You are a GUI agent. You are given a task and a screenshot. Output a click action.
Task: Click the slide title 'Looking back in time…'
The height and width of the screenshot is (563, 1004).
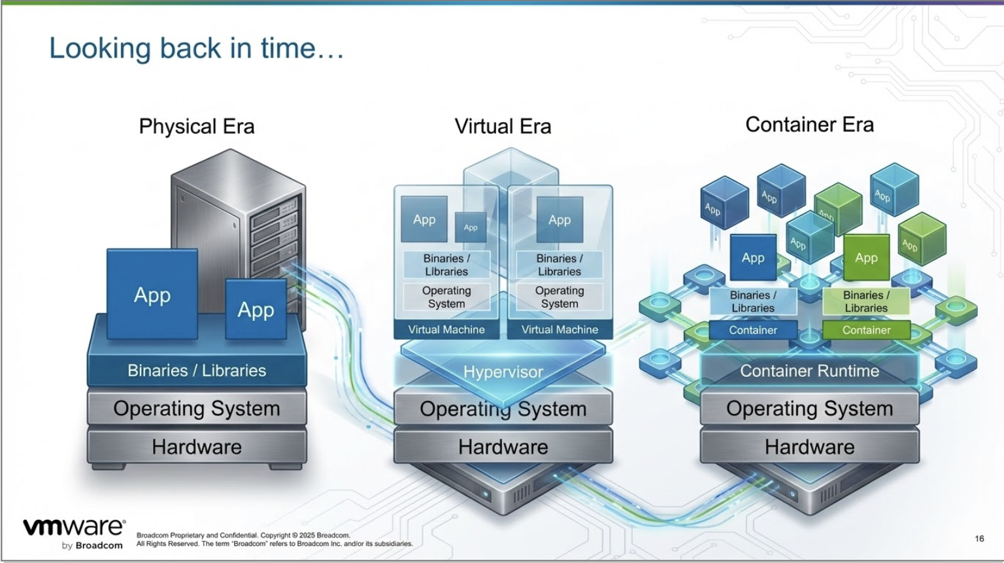[x=196, y=49]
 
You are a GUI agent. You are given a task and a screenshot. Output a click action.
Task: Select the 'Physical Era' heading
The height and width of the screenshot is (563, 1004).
[x=197, y=126]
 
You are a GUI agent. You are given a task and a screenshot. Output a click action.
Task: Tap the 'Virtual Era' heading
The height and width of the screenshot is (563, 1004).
[x=503, y=126]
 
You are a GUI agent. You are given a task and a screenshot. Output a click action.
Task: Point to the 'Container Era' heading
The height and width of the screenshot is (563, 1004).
[x=809, y=124]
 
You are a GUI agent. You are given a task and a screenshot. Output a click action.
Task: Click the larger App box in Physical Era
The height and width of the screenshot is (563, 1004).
[x=152, y=295]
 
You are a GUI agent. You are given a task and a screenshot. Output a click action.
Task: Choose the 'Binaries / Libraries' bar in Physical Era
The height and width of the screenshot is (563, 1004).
[x=197, y=370]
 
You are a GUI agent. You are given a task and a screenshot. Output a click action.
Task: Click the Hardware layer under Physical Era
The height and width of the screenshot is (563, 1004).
[x=197, y=447]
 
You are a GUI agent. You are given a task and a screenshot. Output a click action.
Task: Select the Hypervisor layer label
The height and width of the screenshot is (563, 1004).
[x=503, y=372]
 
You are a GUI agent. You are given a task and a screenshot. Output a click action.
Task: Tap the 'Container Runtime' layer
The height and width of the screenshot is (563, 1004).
[x=809, y=371]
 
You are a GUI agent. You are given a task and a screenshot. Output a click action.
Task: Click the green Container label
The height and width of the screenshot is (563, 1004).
[x=866, y=330]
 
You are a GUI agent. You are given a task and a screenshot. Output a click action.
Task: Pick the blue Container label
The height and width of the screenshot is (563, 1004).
[x=753, y=330]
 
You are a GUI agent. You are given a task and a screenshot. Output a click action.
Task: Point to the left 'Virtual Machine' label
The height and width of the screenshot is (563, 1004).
[x=446, y=329]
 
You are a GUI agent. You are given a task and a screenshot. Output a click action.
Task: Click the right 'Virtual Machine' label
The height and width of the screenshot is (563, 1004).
[x=560, y=329]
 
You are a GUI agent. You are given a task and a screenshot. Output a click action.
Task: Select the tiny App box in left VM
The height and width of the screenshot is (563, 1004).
[x=471, y=227]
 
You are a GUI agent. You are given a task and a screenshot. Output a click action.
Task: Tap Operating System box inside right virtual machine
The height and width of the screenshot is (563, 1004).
[x=560, y=297]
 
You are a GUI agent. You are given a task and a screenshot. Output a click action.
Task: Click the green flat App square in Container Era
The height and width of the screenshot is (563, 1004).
[x=866, y=257]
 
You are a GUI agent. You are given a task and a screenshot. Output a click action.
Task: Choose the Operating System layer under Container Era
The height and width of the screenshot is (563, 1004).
[x=809, y=409]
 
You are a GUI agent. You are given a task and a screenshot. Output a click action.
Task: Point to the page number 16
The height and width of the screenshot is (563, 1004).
[x=979, y=538]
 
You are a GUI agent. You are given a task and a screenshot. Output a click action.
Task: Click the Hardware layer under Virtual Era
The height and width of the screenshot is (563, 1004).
[x=503, y=447]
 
